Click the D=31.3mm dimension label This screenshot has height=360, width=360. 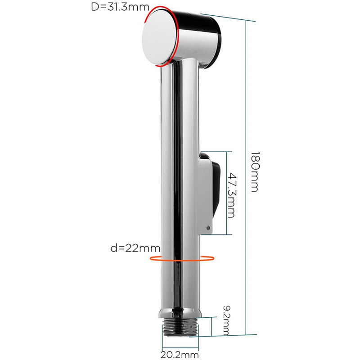(120, 7)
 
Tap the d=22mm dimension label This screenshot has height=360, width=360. (135, 248)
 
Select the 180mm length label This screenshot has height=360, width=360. (255, 171)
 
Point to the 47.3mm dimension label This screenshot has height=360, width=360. (231, 195)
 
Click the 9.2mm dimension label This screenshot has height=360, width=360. (226, 320)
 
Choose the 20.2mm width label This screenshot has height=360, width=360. (180, 355)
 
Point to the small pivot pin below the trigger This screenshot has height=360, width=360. (208, 228)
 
